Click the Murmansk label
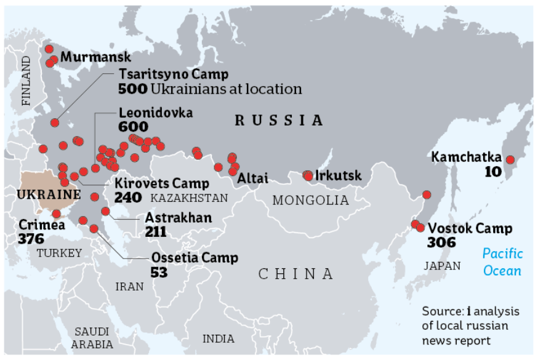(95, 57)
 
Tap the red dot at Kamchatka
(510, 160)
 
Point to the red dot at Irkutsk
(308, 176)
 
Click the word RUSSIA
(279, 121)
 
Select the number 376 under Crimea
(31, 238)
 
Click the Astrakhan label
(178, 218)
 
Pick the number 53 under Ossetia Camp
(159, 271)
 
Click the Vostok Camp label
(470, 229)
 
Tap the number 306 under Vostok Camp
(441, 242)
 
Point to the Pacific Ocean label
(502, 262)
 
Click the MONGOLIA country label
(310, 201)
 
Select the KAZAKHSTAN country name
(189, 198)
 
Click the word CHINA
(295, 274)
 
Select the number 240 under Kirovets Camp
(128, 198)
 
